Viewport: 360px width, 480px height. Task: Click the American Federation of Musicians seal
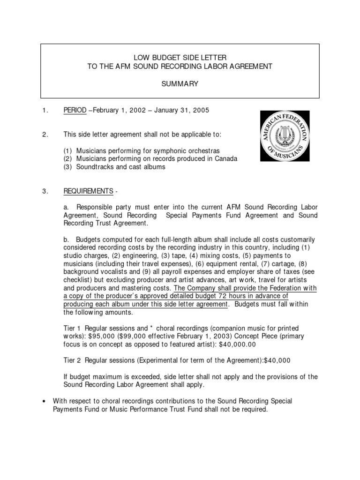[x=285, y=136]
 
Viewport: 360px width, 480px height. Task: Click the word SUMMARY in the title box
[x=180, y=84]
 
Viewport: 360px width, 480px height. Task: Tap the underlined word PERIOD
[x=75, y=111]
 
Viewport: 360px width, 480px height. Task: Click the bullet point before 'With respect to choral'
[x=43, y=401]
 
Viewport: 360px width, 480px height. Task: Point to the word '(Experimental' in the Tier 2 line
[x=153, y=360]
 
